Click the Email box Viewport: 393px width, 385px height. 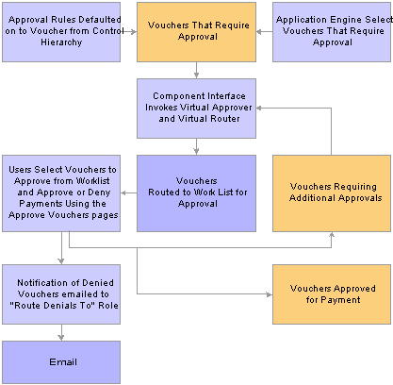click(x=61, y=362)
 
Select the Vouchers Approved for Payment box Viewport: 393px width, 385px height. click(x=332, y=294)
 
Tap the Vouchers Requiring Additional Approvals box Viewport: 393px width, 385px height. click(x=332, y=193)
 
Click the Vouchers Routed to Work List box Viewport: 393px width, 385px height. click(x=196, y=193)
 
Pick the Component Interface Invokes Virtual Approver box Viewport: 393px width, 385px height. click(x=196, y=109)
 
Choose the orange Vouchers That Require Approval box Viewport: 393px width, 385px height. click(x=196, y=32)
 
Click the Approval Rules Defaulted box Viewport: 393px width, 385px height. click(x=61, y=32)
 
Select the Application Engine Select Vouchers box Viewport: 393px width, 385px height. click(x=332, y=32)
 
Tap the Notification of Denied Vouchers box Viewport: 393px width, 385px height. click(x=61, y=294)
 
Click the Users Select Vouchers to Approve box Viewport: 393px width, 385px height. click(x=61, y=193)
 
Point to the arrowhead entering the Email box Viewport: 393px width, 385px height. click(x=61, y=338)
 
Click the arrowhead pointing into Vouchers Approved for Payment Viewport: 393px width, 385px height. click(x=270, y=294)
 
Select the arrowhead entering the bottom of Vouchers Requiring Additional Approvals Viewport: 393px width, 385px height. click(x=332, y=235)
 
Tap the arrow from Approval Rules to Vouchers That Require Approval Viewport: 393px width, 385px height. click(x=128, y=32)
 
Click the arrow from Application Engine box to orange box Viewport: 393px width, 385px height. click(x=264, y=32)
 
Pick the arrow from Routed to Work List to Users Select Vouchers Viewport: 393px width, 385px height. click(x=128, y=192)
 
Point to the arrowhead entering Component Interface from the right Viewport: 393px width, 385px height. click(x=259, y=108)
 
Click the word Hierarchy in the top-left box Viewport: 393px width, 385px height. click(x=61, y=42)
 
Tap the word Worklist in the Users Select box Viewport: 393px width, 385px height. click(x=92, y=181)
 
